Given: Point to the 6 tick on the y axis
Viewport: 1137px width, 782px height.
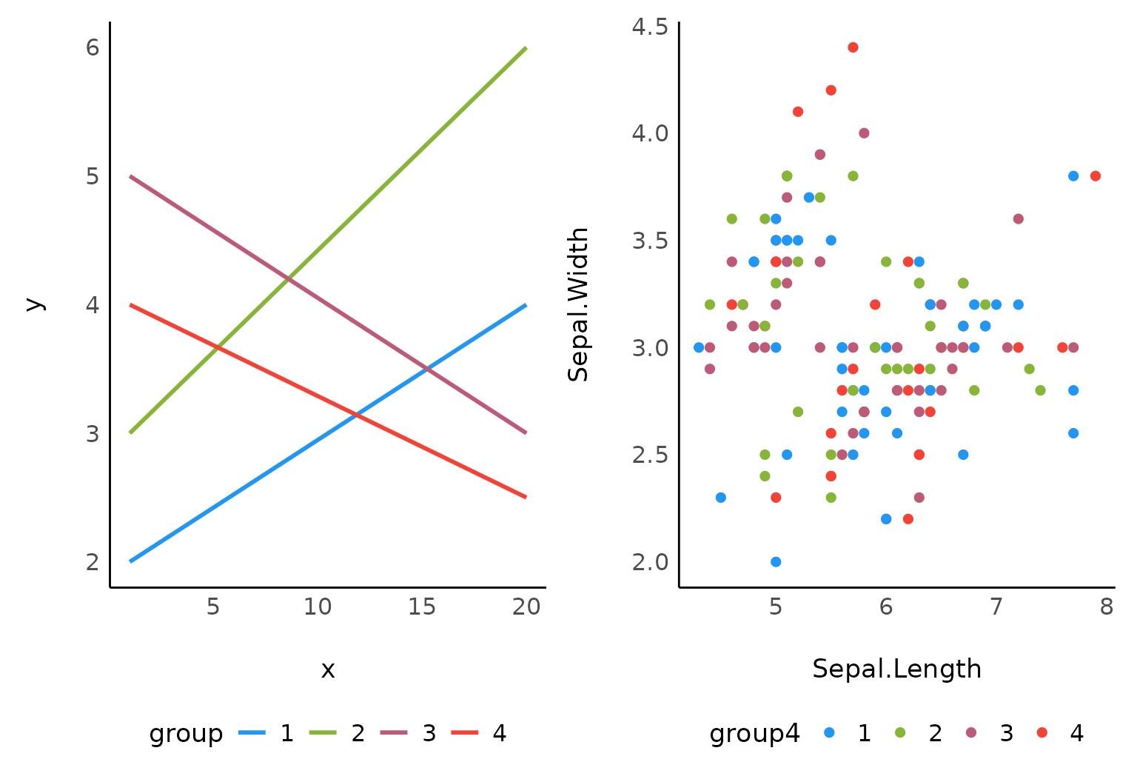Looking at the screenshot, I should pyautogui.click(x=93, y=48).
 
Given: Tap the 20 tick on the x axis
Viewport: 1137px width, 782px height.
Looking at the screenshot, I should pyautogui.click(x=526, y=607).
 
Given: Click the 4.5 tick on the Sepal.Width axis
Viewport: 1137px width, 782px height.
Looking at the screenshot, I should pyautogui.click(x=650, y=27).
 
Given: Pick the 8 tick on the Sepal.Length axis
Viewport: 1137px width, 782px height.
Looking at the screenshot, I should pyautogui.click(x=1106, y=607).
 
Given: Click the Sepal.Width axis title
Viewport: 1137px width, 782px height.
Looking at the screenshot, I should pyautogui.click(x=578, y=304).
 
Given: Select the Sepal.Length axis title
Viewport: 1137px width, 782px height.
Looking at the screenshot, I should pyautogui.click(x=896, y=669).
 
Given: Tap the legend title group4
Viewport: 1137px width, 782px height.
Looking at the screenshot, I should pyautogui.click(x=754, y=733).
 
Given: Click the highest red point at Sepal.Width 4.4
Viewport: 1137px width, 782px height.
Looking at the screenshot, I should pyautogui.click(x=853, y=47).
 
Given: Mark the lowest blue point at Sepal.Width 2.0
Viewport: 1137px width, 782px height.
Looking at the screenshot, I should pyautogui.click(x=776, y=561).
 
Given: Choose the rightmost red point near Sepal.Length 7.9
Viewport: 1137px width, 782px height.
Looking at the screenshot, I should pyautogui.click(x=1096, y=176).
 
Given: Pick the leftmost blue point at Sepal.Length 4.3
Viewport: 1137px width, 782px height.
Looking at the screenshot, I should pyautogui.click(x=699, y=347).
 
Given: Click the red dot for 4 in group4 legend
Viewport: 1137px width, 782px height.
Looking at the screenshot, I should pyautogui.click(x=1042, y=732).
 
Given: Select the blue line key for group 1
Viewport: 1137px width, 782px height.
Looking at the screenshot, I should pyautogui.click(x=252, y=733).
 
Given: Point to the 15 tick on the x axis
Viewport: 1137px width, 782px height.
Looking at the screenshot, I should pyautogui.click(x=422, y=607).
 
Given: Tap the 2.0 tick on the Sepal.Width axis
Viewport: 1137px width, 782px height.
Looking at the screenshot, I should pyautogui.click(x=650, y=561).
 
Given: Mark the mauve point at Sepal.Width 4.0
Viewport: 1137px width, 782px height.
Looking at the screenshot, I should pyautogui.click(x=864, y=133).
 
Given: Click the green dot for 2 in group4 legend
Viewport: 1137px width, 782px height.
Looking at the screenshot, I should pyautogui.click(x=900, y=732).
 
